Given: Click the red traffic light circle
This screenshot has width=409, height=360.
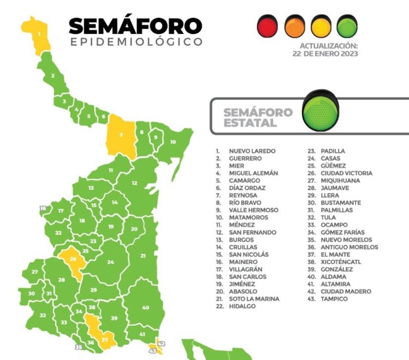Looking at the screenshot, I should pos(268,26).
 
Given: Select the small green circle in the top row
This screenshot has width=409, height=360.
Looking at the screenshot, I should pos(347,26).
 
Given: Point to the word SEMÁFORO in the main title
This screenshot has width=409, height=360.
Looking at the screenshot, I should pos(135,26).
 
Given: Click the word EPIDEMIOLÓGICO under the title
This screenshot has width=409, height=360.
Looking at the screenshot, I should pos(136,42).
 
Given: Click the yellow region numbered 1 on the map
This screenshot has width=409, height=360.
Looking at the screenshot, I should pos(38,34).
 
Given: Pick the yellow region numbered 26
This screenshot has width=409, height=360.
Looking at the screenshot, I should pos(73,259).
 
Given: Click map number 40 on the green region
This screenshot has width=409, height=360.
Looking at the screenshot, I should pos(145,308).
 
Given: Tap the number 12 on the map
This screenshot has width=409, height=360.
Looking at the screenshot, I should pos(134,183).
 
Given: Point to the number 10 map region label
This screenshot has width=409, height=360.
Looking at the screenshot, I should pos(172,142).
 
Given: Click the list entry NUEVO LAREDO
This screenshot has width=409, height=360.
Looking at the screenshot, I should pos(252,151).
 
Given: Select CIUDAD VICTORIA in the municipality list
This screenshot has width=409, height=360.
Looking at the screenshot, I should pos(347,173).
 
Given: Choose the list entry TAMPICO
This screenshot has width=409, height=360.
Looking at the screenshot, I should pos(334,299).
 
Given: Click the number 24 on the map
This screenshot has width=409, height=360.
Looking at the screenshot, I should pos(111,262).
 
